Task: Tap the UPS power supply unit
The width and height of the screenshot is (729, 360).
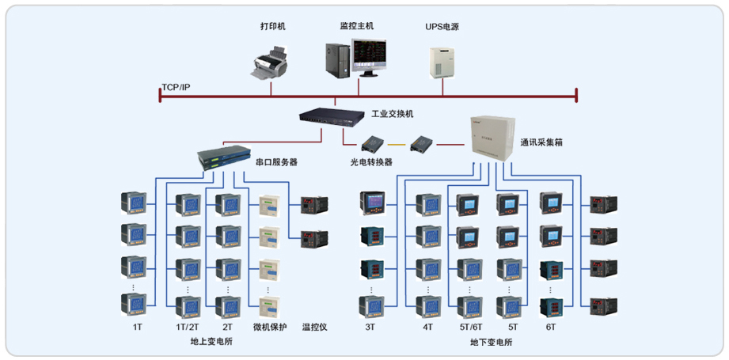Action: click(442, 62)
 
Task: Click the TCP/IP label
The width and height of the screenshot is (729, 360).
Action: click(175, 86)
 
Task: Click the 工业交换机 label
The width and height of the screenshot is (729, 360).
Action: click(393, 115)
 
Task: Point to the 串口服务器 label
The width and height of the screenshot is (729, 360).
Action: click(276, 162)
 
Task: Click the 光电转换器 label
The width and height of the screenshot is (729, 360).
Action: click(371, 162)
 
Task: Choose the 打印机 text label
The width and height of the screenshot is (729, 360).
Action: click(272, 26)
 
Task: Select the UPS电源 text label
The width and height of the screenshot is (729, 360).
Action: click(442, 26)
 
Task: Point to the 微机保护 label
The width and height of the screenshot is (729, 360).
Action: click(269, 327)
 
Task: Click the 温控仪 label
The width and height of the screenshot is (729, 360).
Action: click(314, 327)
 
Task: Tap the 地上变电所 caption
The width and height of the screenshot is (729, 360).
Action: click(211, 343)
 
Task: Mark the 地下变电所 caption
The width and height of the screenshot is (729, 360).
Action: click(491, 343)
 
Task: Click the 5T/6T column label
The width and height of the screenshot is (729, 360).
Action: click(470, 327)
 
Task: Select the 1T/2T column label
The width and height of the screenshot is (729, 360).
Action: click(188, 327)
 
